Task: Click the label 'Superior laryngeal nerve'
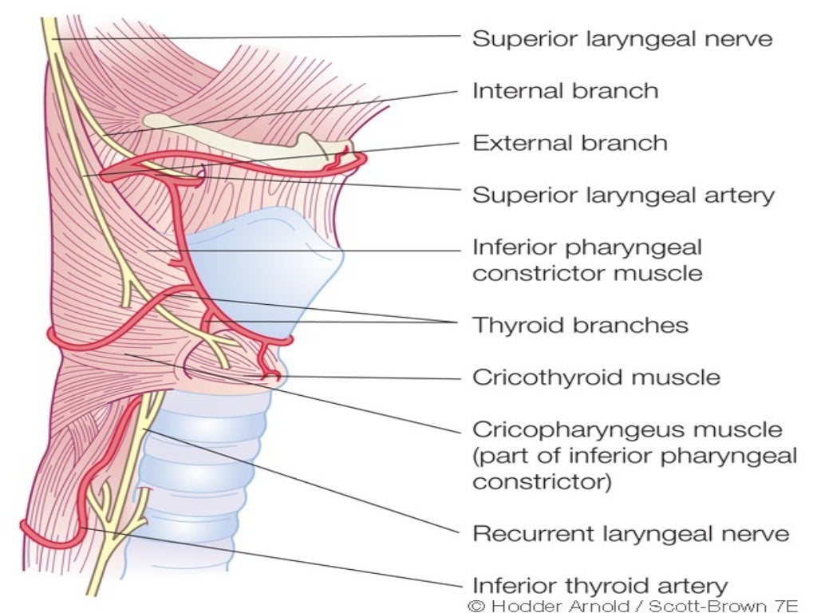[x=622, y=38]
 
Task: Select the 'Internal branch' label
[x=565, y=90]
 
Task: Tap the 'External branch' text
[x=570, y=143]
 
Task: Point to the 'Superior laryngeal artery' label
[x=623, y=195]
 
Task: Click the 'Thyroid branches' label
[x=580, y=325]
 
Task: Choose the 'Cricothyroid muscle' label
[x=596, y=377]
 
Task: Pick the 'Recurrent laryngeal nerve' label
[x=630, y=533]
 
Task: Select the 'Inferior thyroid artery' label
[x=600, y=585]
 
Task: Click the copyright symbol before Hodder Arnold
[x=477, y=605]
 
